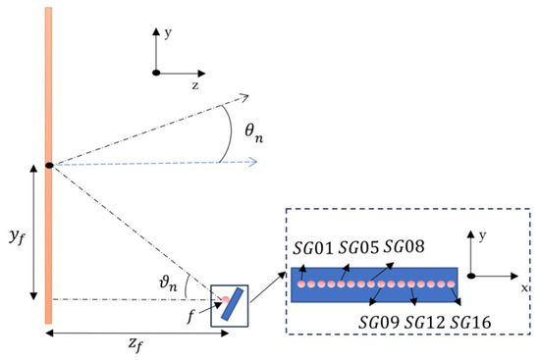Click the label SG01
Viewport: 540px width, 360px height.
click(313, 247)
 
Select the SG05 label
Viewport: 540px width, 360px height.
click(358, 247)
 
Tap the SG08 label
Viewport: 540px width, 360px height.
click(404, 246)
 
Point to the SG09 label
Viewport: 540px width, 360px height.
click(379, 322)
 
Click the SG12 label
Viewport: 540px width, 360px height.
click(424, 322)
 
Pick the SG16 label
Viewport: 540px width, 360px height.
click(470, 322)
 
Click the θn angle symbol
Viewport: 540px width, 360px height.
click(254, 133)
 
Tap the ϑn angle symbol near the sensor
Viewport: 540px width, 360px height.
click(168, 283)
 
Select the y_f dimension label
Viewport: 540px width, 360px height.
click(18, 236)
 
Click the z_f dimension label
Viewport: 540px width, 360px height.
click(135, 344)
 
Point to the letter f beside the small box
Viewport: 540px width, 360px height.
click(190, 316)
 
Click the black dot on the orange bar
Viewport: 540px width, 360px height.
click(50, 165)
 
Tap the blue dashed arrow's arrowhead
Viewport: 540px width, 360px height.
click(252, 162)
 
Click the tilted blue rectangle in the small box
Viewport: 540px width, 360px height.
click(232, 305)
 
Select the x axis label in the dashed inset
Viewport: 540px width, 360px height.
click(524, 288)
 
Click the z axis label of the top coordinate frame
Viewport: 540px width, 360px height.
click(195, 85)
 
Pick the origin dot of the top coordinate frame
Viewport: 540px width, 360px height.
click(156, 73)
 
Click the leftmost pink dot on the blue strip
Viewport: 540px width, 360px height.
click(301, 284)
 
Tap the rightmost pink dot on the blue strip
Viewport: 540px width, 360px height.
click(451, 284)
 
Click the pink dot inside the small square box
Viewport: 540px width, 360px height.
click(225, 299)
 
